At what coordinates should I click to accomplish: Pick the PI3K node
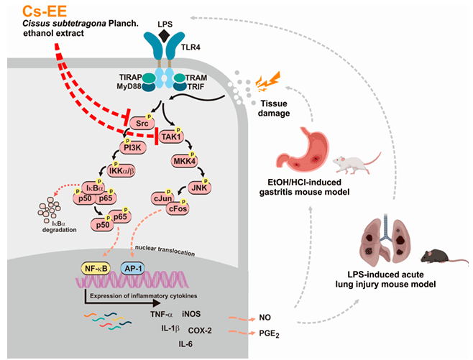[132, 148]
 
